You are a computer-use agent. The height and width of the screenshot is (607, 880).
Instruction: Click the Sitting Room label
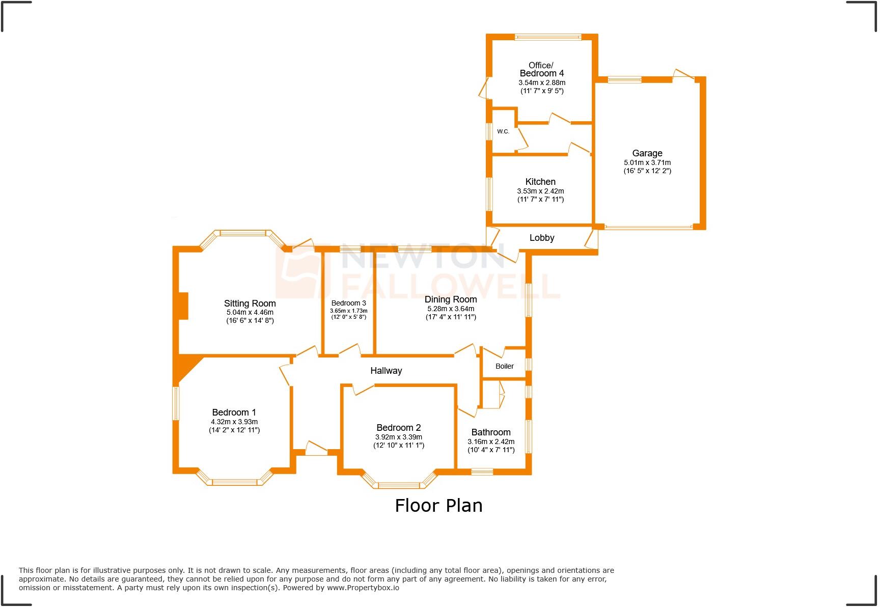(250, 303)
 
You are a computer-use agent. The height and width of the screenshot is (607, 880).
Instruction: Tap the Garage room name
(647, 153)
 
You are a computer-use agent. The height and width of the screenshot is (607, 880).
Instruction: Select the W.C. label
(503, 131)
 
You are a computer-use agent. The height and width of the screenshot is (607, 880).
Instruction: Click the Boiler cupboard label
(504, 366)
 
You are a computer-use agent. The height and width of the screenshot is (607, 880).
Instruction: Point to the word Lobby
(541, 238)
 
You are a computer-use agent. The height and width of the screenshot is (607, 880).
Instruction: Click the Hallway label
(386, 371)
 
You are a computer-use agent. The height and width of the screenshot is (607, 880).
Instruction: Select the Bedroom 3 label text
(348, 303)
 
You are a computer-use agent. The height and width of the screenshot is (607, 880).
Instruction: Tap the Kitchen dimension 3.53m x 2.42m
(540, 191)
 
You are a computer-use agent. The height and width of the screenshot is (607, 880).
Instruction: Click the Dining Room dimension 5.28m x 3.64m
(450, 309)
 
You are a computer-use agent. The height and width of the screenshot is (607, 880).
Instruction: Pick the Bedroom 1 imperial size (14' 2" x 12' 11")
(234, 430)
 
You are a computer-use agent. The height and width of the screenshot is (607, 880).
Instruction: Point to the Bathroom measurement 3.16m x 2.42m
(490, 442)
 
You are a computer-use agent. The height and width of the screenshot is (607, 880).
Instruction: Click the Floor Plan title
(438, 505)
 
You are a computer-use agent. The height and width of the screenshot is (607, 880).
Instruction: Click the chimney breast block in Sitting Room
(183, 306)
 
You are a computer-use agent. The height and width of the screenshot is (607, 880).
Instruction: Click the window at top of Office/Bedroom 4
(547, 37)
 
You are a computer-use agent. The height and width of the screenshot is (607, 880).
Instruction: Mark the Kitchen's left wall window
(489, 194)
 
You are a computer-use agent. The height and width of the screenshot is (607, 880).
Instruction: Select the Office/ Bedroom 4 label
(541, 69)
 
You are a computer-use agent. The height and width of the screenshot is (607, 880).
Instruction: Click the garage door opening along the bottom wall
(648, 227)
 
